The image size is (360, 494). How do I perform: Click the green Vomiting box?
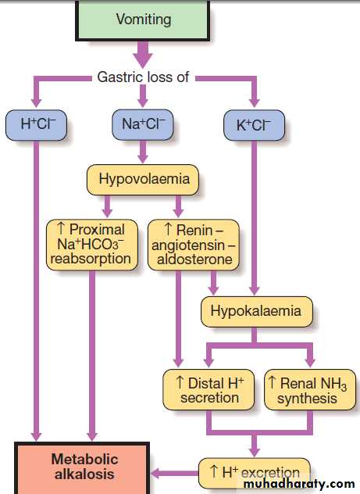click(143, 20)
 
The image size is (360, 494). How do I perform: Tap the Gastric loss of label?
click(143, 77)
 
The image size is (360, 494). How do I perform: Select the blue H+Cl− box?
click(36, 125)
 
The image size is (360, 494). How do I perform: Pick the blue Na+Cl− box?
click(143, 124)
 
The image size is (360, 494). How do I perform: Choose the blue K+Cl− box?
click(254, 125)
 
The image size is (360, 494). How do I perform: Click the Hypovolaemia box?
click(143, 180)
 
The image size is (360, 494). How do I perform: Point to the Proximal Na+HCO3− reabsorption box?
click(92, 245)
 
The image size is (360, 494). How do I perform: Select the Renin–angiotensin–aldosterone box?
click(193, 245)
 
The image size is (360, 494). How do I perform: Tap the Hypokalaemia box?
click(257, 311)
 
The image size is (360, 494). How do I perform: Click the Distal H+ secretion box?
click(209, 390)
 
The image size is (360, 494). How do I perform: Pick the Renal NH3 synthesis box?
click(310, 390)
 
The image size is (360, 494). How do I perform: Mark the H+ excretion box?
click(255, 473)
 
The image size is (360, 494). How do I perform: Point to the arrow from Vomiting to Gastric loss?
click(143, 54)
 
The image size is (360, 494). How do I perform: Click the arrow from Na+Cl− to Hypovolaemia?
click(143, 151)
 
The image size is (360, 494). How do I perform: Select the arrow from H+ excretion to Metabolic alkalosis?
click(174, 473)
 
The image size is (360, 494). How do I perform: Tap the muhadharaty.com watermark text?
click(299, 484)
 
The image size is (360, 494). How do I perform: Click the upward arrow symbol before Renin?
click(169, 229)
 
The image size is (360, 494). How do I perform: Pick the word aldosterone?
click(194, 260)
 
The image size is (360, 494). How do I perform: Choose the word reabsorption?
click(91, 259)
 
